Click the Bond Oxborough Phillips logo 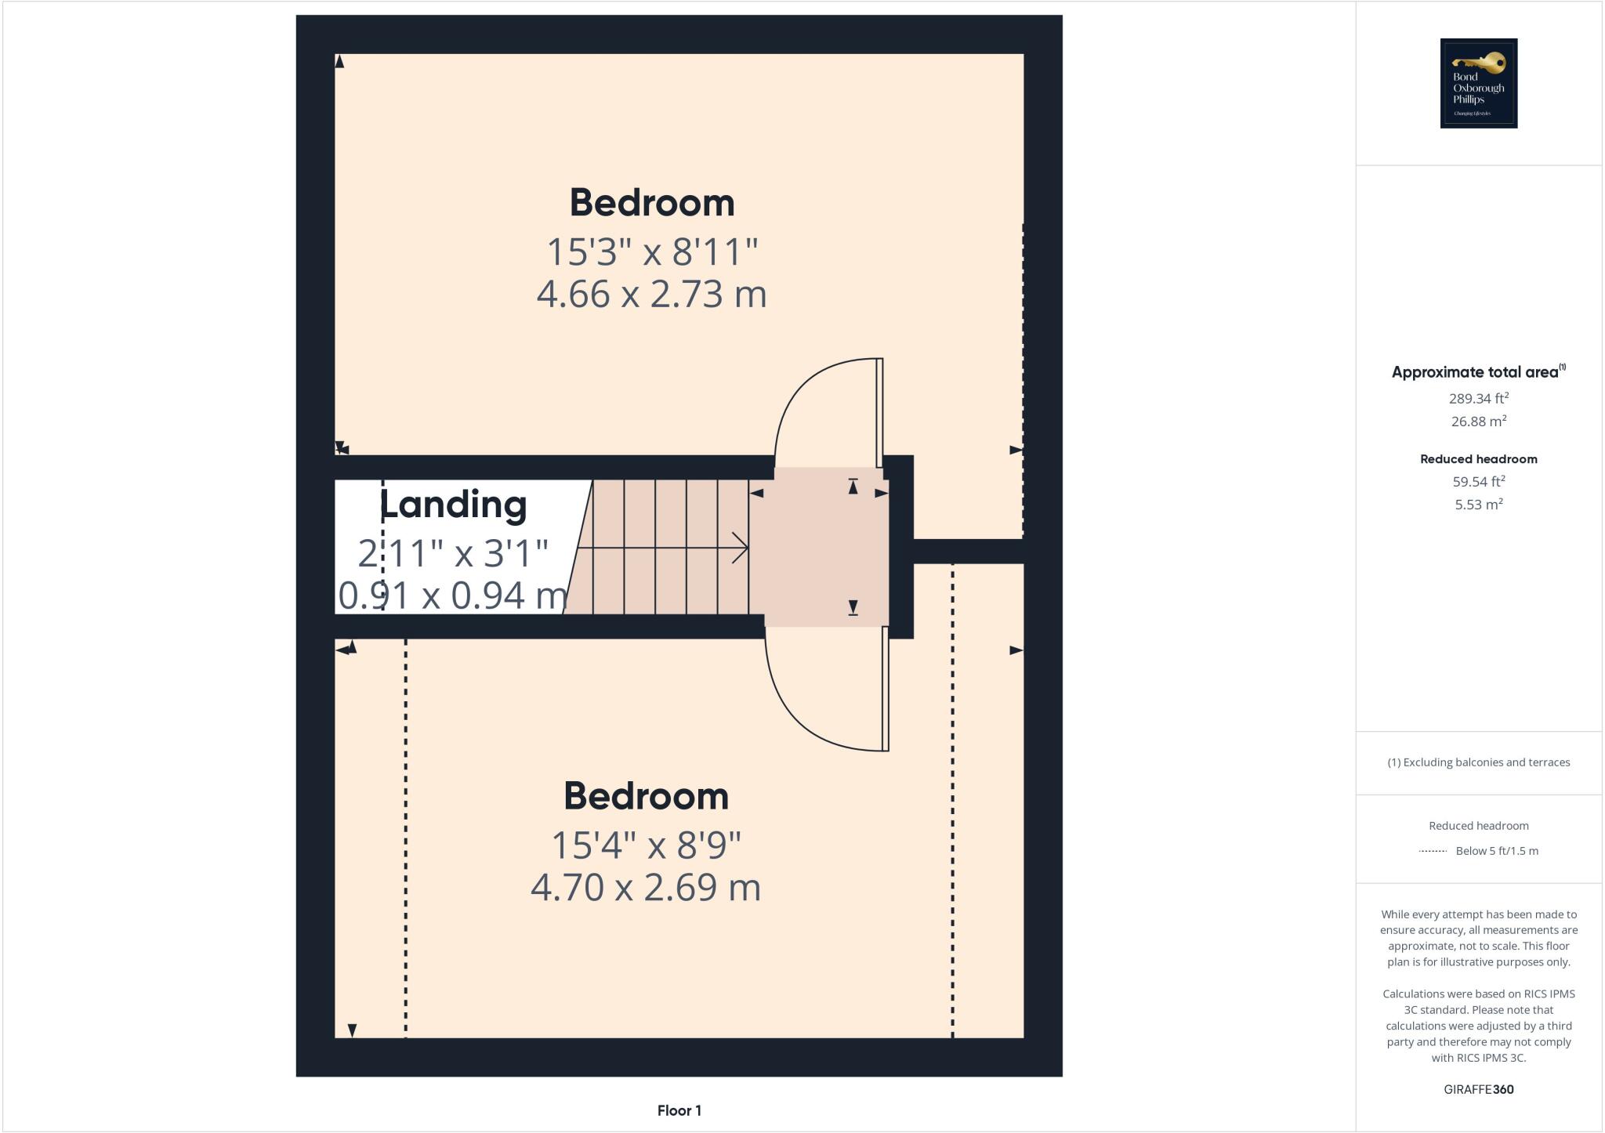(x=1478, y=83)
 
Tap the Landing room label (x=453, y=505)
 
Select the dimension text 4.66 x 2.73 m (x=651, y=295)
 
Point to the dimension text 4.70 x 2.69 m (x=646, y=888)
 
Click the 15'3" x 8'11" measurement (x=652, y=252)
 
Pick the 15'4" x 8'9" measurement (x=646, y=845)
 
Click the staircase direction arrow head (x=740, y=548)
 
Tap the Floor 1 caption (x=679, y=1110)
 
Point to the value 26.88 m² (x=1478, y=422)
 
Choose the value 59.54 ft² (x=1478, y=481)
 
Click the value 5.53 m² (x=1478, y=505)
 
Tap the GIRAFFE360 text (x=1478, y=1089)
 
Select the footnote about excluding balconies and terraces (x=1478, y=762)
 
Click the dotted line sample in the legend (x=1433, y=851)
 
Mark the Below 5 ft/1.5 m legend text (x=1496, y=851)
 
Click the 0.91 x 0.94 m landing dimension (x=453, y=595)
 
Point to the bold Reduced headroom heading (x=1478, y=459)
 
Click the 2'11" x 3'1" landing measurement (x=453, y=554)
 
